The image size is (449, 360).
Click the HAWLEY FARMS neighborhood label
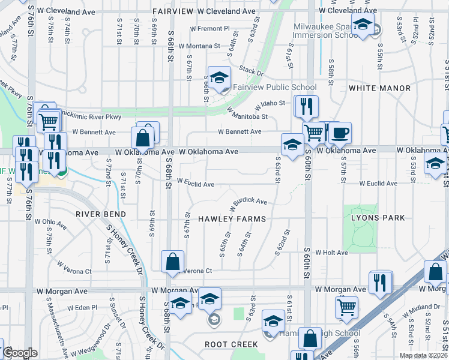coord(232,219)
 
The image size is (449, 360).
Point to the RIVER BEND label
coord(101,214)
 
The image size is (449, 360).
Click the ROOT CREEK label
coord(231,344)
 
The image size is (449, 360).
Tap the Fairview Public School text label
coord(275,87)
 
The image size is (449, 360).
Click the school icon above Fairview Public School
coord(219,77)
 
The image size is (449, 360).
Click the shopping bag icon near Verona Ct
coord(172,262)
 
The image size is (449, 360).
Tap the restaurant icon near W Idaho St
coord(307,106)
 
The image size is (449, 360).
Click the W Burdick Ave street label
coord(248,201)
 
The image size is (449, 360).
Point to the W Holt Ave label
coord(332,253)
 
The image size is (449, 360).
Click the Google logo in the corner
coord(20,353)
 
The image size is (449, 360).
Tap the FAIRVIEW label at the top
coord(170,11)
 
